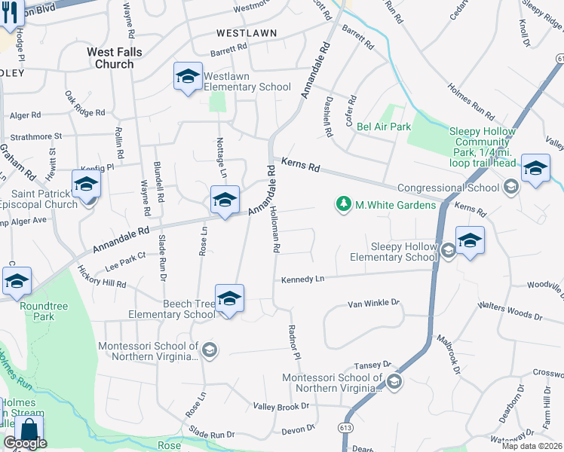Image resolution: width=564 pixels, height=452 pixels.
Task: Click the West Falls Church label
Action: coord(110,58)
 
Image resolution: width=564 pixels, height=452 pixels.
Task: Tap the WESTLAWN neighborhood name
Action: coord(246,33)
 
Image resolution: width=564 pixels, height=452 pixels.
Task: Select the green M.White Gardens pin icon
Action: coord(344,204)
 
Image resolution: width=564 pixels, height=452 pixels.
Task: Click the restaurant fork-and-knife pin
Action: coord(10,14)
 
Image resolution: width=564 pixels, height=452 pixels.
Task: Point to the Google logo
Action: coord(25,443)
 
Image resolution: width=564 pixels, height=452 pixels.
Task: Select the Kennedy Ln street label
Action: coord(302,279)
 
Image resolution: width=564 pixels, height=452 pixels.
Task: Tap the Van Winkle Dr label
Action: coord(372,304)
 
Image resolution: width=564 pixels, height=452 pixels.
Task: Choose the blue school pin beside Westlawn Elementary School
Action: coord(188,77)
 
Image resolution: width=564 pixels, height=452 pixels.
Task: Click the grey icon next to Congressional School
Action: coord(510,188)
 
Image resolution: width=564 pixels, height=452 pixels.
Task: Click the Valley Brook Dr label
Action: coord(281,406)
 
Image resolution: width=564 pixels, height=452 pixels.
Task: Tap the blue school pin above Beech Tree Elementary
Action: coord(229,298)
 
